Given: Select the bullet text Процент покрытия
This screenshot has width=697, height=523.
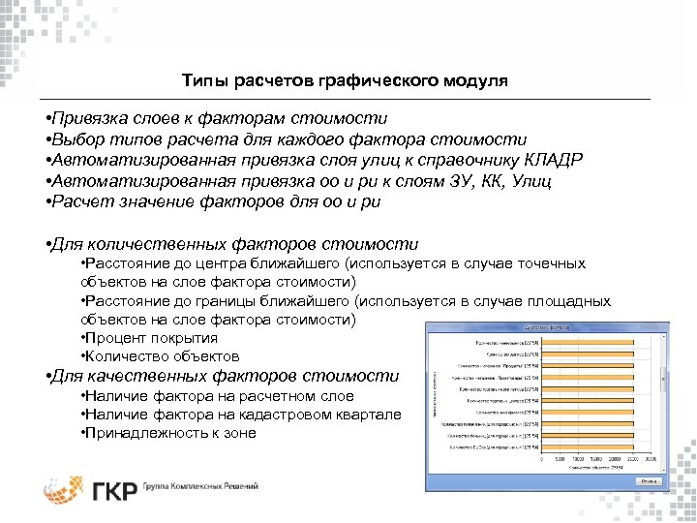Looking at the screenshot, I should [150, 338].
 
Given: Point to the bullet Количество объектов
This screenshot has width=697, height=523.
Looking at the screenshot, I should [160, 356].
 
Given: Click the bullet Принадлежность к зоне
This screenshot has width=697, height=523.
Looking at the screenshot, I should [169, 432].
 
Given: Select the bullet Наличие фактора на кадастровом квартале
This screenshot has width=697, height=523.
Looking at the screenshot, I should [241, 414].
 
